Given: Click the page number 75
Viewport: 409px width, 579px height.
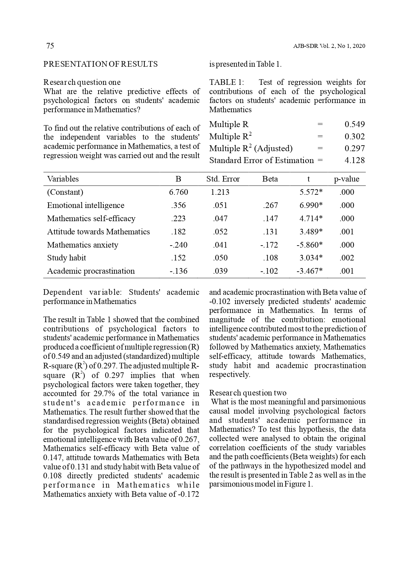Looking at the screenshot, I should pyautogui.click(x=50, y=46).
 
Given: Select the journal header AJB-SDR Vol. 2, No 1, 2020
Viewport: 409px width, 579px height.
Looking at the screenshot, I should pyautogui.click(x=329, y=46).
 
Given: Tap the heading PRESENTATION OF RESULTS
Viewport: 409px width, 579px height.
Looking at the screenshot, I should pyautogui.click(x=101, y=64).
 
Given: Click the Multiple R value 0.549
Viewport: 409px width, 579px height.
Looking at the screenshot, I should pyautogui.click(x=355, y=124).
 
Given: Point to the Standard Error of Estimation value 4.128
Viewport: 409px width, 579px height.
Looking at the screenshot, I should pyautogui.click(x=355, y=160).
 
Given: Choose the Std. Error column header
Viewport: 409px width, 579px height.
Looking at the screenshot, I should pyautogui.click(x=223, y=179).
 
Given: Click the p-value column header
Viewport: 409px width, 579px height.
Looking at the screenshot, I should pyautogui.click(x=346, y=179).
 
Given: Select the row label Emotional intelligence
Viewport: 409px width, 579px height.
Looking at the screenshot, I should pyautogui.click(x=86, y=205).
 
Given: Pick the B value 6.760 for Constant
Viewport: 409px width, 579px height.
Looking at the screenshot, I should pyautogui.click(x=178, y=192).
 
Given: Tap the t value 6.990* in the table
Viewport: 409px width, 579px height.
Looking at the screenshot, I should pyautogui.click(x=311, y=205).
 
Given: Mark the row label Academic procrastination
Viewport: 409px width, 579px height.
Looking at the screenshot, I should pyautogui.click(x=91, y=271).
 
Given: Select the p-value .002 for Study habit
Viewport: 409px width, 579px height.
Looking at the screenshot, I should pyautogui.click(x=347, y=258).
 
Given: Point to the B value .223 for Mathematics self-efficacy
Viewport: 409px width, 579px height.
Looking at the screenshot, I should pyautogui.click(x=178, y=219).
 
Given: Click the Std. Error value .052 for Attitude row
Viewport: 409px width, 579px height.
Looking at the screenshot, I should pyautogui.click(x=220, y=232).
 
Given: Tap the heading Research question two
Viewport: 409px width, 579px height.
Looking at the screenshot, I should pyautogui.click(x=248, y=393).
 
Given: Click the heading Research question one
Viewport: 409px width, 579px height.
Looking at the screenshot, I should pyautogui.click(x=82, y=82).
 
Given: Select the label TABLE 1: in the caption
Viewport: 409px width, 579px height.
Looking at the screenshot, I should pyautogui.click(x=226, y=82).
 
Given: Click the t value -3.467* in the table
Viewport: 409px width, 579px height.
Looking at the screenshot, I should pyautogui.click(x=309, y=271).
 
